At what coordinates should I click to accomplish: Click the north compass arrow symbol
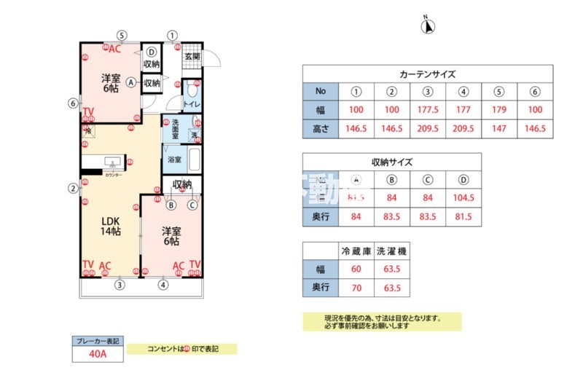pos(429,27)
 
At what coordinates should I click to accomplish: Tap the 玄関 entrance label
pos(192,56)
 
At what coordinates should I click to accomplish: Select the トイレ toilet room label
pos(192,104)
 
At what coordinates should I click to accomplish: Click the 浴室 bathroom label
pos(174,159)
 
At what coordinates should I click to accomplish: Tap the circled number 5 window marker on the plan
pos(122,35)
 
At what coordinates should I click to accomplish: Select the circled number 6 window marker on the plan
pos(72,103)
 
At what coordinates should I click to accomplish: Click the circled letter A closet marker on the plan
pos(131,82)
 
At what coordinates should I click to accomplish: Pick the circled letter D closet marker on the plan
pos(151,52)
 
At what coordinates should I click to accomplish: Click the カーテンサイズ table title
pos(428,74)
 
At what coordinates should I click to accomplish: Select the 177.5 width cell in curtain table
pos(428,110)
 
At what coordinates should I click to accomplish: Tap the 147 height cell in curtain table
pos(498,129)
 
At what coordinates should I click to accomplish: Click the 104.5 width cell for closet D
pos(463,197)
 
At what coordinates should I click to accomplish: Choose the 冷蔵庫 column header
pos(356,251)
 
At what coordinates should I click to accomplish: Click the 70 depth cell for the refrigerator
pos(356,288)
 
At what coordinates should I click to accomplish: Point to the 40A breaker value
pos(98,354)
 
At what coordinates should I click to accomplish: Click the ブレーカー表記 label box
pos(98,340)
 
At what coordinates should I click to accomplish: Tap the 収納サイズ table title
pos(392,162)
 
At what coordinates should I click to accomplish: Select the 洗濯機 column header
pos(391,251)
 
